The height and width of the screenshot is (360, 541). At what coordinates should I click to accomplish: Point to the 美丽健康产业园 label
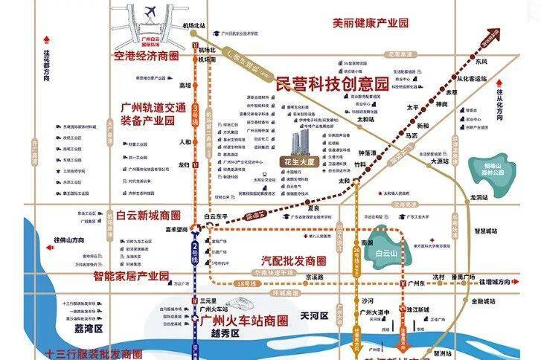pyautogui.click(x=371, y=23)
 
